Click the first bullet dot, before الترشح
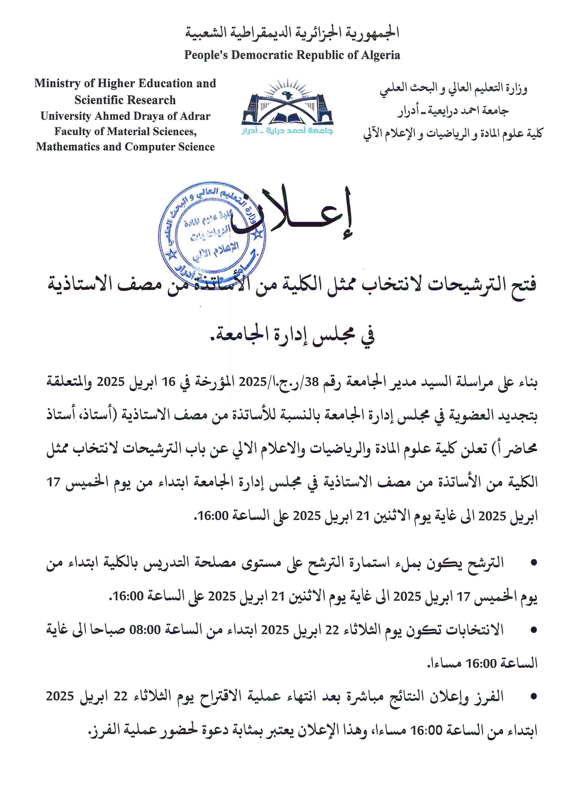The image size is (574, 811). tap(534, 563)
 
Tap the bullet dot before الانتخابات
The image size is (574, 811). tap(534, 630)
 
